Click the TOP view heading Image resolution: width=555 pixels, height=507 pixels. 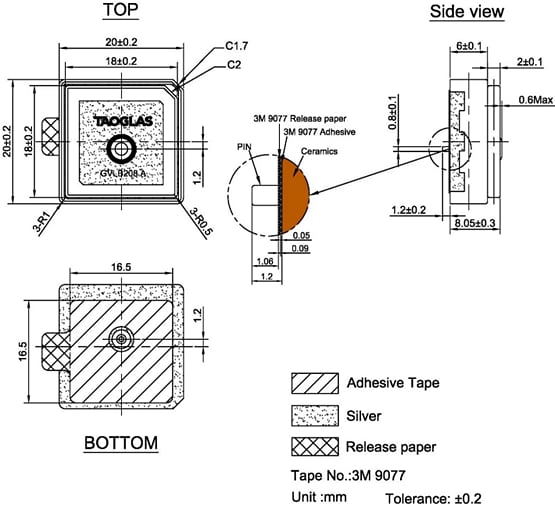122,11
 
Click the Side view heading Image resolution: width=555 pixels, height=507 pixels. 467,12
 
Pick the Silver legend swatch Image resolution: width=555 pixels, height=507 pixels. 312,413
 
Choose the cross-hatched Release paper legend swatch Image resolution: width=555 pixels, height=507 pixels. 312,443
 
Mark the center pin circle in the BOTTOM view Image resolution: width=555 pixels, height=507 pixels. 121,338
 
